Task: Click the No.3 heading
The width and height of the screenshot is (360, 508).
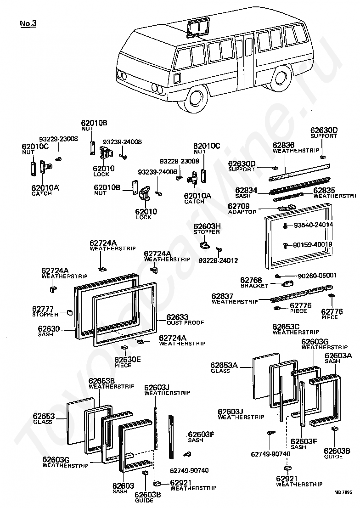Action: click(28, 23)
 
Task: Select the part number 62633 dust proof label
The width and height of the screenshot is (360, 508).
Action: click(185, 319)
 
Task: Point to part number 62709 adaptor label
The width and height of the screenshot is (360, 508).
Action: click(242, 209)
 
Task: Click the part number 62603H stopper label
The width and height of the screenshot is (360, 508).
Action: click(207, 229)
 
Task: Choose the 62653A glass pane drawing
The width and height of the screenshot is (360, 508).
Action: click(266, 376)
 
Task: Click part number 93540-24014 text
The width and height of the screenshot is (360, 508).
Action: click(313, 225)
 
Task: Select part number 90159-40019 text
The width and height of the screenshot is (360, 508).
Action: click(313, 245)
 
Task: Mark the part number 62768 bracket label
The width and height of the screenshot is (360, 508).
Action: click(254, 282)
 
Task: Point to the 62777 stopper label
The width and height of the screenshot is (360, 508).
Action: click(45, 311)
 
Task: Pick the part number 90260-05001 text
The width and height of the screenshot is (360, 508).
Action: click(317, 276)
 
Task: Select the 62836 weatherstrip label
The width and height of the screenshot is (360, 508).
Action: click(296, 148)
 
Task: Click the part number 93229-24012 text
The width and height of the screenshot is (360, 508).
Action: click(218, 260)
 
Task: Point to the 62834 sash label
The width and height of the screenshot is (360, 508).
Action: click(246, 193)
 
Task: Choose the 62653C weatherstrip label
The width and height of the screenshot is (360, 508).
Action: click(296, 329)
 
